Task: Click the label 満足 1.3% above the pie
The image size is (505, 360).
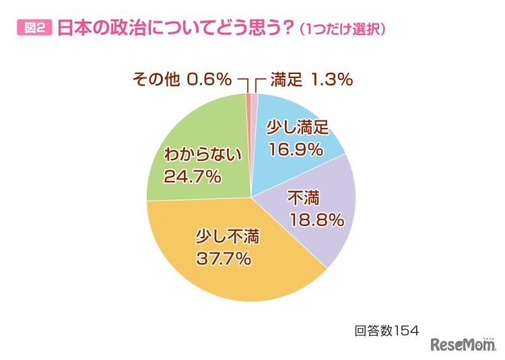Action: (x=312, y=80)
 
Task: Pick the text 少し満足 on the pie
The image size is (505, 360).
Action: (x=296, y=127)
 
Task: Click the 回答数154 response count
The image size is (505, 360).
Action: (x=387, y=330)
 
